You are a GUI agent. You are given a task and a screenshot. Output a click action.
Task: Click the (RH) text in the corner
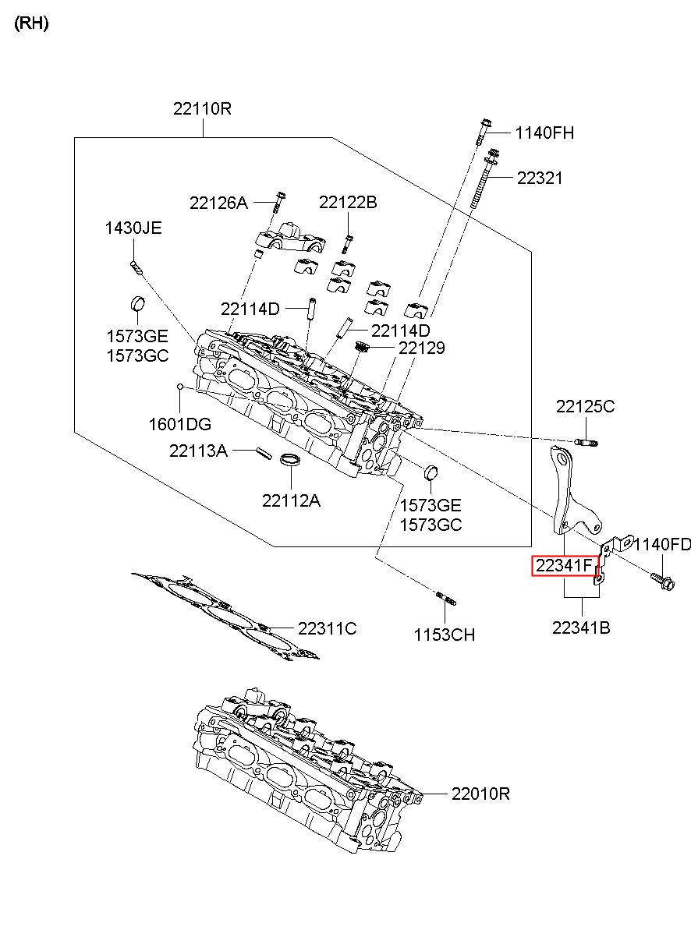(x=32, y=23)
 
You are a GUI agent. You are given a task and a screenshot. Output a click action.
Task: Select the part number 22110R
(x=202, y=108)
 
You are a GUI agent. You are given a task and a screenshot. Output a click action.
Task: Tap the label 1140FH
(x=544, y=133)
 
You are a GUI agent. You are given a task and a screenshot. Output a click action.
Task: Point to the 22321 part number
(x=540, y=178)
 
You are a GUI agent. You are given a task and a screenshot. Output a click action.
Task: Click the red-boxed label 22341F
(x=565, y=566)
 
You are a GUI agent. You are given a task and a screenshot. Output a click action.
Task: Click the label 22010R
(x=480, y=794)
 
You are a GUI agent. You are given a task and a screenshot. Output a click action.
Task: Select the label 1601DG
(x=179, y=424)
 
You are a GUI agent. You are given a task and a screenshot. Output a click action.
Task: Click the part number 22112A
(x=292, y=500)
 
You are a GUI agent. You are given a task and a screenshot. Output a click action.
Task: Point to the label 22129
(x=422, y=348)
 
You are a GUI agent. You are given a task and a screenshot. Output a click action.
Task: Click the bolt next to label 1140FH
(x=483, y=132)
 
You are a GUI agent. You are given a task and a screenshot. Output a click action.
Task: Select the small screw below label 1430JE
(x=136, y=267)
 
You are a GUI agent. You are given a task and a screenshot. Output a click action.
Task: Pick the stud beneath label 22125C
(x=586, y=442)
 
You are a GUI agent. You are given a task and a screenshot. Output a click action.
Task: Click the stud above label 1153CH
(x=445, y=598)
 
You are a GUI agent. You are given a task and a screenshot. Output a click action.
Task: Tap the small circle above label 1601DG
(x=179, y=387)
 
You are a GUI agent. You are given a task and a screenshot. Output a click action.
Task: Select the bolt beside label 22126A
(x=279, y=203)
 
